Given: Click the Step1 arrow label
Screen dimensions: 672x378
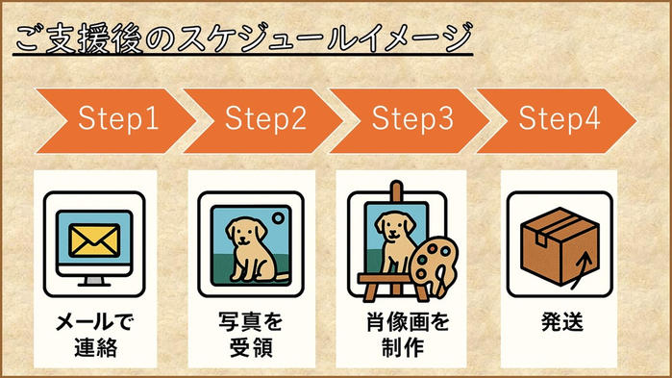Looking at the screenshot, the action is (x=118, y=118).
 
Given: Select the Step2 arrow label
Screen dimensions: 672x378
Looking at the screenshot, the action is (x=265, y=118).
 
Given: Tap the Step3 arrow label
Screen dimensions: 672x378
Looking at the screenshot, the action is (x=412, y=118).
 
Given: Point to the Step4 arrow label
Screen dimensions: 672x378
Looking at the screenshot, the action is (x=560, y=118).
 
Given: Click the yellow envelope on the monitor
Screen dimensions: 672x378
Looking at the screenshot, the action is (x=94, y=240).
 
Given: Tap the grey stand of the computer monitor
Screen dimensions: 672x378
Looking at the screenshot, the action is (x=94, y=281).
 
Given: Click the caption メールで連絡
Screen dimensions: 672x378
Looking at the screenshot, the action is (x=95, y=335).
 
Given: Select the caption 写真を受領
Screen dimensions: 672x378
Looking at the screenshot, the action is (x=251, y=335).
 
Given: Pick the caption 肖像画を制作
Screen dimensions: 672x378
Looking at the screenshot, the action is (x=407, y=335).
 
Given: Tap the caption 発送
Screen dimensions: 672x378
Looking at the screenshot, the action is (x=562, y=322).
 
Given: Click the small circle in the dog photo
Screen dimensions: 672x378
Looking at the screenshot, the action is (x=279, y=218).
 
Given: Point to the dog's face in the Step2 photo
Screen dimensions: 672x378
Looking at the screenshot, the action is (x=246, y=233).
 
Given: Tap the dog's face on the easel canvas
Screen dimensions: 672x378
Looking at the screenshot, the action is (x=394, y=226).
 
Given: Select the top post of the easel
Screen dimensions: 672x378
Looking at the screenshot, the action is (x=397, y=191).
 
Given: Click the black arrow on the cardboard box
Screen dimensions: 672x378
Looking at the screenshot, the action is (x=582, y=270).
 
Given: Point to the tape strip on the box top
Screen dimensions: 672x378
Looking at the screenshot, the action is (x=558, y=226).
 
